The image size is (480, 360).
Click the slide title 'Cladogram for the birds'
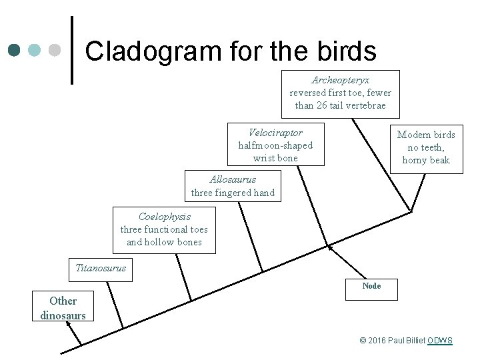point(231,51)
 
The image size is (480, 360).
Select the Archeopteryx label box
point(340,93)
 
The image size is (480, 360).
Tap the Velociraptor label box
point(275,145)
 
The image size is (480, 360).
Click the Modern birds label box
point(426,147)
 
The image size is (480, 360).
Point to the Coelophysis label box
point(164,229)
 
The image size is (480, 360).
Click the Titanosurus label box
point(101,269)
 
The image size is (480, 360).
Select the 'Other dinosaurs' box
point(63,308)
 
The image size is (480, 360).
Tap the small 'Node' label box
point(371,286)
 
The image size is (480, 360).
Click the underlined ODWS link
point(440,341)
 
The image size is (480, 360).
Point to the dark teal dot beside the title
point(15,51)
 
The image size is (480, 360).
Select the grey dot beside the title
point(55,51)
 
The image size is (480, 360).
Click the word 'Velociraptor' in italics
point(275,133)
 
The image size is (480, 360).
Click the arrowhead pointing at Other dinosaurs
point(69,324)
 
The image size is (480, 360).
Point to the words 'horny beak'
point(426,160)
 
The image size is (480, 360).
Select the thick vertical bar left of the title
point(72,51)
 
